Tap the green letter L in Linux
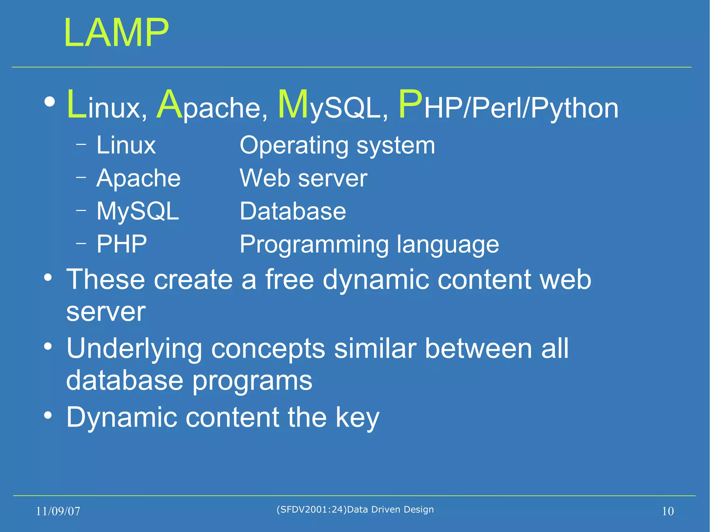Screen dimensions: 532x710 [76, 104]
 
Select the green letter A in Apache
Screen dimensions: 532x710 [169, 104]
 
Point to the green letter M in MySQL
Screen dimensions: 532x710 [293, 104]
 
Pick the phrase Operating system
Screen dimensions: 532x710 [337, 146]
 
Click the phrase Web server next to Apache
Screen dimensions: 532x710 [303, 178]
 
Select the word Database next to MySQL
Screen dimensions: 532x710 [293, 211]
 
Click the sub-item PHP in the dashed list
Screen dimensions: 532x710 [122, 244]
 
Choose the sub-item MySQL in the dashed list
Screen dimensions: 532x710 [138, 211]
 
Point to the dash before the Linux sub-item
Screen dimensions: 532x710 [81, 144]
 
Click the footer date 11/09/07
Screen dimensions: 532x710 [58, 511]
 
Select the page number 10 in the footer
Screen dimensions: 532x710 [668, 511]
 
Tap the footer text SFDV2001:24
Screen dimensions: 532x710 [311, 509]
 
